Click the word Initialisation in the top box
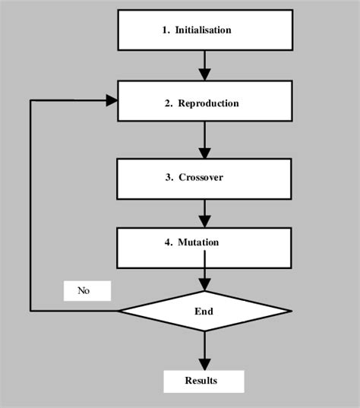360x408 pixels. (x=203, y=30)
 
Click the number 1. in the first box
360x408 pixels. (x=166, y=30)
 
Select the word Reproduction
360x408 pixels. (x=208, y=103)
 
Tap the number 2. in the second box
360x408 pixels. (x=169, y=103)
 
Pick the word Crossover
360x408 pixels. (x=201, y=178)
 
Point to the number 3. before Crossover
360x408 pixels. (x=169, y=178)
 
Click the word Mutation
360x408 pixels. (x=198, y=242)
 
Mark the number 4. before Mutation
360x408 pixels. (x=169, y=242)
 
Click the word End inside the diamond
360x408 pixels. (x=204, y=311)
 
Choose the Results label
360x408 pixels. (x=201, y=381)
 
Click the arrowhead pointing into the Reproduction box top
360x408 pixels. (x=204, y=74)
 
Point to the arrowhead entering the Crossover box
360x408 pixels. (x=204, y=152)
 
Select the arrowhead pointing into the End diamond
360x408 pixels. (x=204, y=285)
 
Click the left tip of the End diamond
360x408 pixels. (x=119, y=311)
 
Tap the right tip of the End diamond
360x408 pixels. (x=291, y=311)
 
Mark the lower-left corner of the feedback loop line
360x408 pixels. (x=30, y=311)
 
